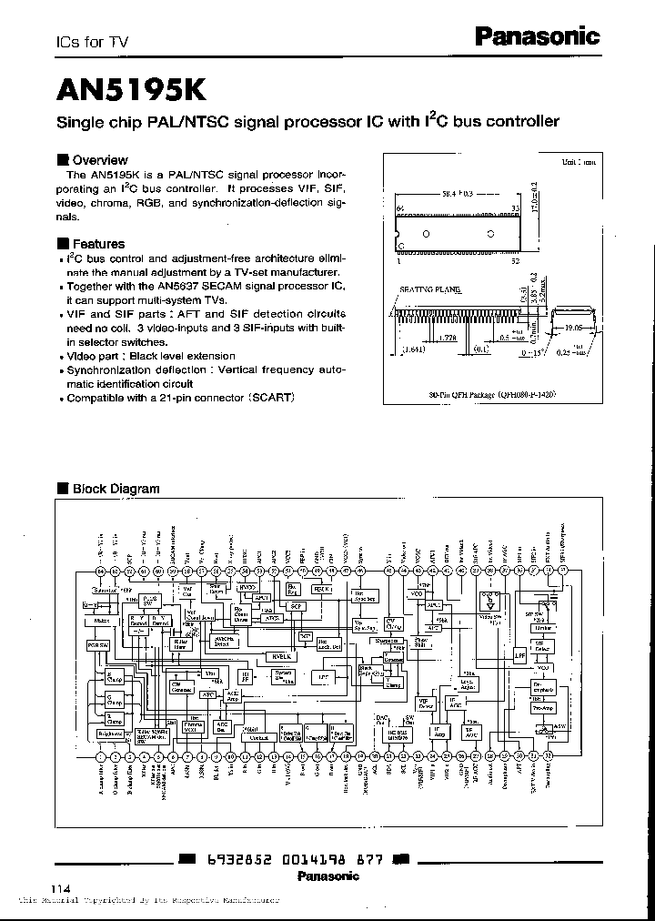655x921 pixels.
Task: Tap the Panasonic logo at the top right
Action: click(x=538, y=36)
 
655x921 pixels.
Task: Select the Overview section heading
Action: click(x=99, y=158)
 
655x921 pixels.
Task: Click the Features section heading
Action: click(x=98, y=244)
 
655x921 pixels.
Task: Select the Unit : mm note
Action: click(x=579, y=163)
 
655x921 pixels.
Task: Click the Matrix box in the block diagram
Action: click(x=101, y=621)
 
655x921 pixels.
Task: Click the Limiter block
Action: click(x=543, y=627)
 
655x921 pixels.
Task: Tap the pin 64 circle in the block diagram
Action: click(x=101, y=571)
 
